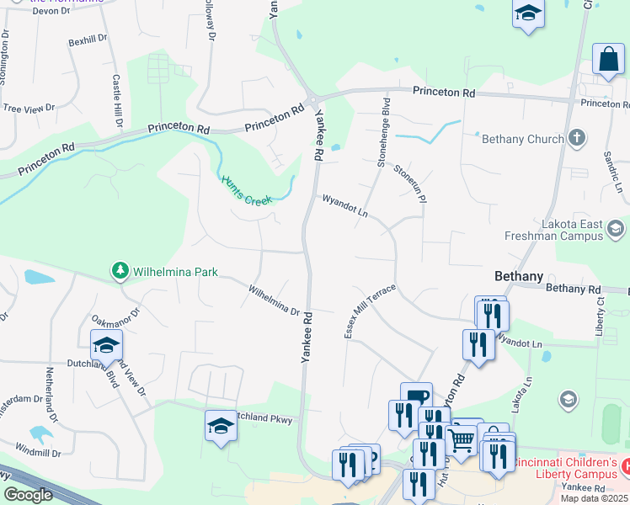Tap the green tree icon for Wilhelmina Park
(x=120, y=271)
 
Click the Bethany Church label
(x=522, y=138)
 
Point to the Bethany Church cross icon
(x=577, y=137)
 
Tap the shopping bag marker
(x=607, y=60)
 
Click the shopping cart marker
(x=461, y=439)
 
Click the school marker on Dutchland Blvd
(x=106, y=345)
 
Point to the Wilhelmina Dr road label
(x=274, y=300)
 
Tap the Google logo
(x=28, y=495)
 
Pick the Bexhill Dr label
(x=88, y=40)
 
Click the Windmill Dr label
(x=38, y=453)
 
